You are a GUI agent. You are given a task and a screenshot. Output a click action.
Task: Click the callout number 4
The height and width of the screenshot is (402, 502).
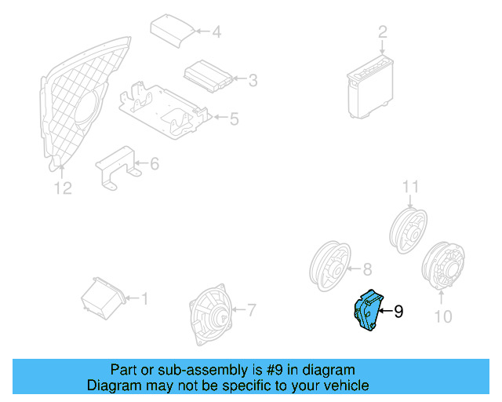[216, 32]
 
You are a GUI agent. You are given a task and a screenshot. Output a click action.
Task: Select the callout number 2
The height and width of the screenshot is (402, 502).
[383, 32]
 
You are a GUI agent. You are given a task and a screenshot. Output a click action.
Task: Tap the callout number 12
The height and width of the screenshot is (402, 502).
[63, 188]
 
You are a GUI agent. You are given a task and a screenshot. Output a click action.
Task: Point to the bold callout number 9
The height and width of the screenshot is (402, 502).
[398, 312]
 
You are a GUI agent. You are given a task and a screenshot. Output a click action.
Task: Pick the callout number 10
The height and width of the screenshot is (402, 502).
[443, 316]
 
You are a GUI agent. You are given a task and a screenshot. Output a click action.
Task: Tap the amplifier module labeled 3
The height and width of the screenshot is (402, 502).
[208, 75]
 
